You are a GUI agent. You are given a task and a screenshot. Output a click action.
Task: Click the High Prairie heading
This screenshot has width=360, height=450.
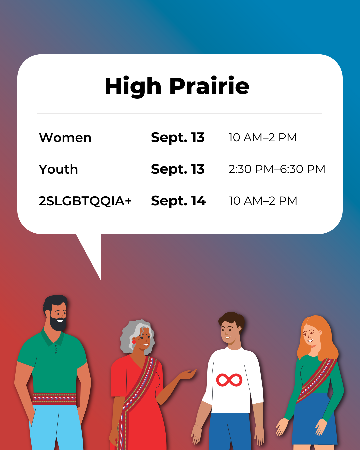[177, 86]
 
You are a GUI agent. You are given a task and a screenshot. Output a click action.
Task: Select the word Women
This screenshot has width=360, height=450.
[65, 138]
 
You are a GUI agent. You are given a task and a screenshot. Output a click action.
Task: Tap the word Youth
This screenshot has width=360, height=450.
[58, 169]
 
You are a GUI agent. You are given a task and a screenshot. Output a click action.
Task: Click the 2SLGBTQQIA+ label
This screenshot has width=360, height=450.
[85, 201]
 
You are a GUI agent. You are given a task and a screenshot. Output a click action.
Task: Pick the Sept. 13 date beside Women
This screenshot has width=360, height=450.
[178, 138]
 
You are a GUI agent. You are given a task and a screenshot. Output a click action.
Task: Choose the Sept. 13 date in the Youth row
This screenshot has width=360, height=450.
[178, 169]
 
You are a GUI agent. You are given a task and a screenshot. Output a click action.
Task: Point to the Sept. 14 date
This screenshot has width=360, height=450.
[178, 201]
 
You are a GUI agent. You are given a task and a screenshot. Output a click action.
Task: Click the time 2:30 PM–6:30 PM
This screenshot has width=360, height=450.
[277, 169]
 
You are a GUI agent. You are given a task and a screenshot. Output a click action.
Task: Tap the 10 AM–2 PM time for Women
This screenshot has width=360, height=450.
[263, 137]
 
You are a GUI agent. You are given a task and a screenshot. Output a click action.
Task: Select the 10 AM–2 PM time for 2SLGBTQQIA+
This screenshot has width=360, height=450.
[263, 201]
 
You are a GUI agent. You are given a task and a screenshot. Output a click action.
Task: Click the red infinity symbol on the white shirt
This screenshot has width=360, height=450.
[229, 380]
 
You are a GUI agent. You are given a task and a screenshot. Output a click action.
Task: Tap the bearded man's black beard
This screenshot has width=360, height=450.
[58, 324]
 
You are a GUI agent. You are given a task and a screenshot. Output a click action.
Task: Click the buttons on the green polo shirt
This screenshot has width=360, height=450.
[56, 350]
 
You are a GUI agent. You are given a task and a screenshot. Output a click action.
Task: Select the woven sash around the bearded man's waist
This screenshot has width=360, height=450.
[54, 399]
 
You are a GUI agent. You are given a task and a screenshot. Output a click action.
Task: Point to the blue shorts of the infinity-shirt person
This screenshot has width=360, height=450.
[230, 432]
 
